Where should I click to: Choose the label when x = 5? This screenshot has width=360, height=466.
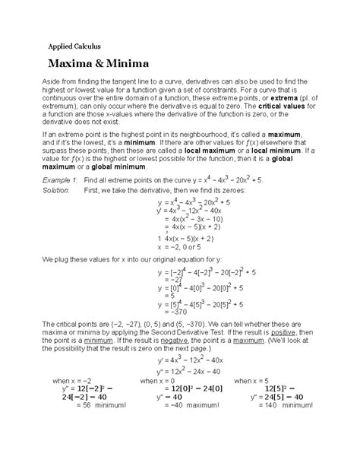click(254, 401)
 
